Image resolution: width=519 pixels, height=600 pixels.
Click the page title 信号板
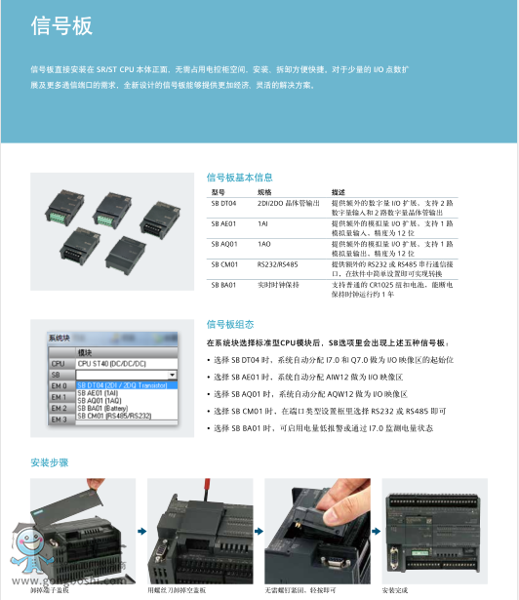tap(60, 26)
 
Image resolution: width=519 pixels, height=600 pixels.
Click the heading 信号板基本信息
tap(239, 178)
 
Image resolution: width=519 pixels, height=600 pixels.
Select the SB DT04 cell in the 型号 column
tap(223, 203)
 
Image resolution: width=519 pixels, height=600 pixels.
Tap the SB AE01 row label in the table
tap(223, 223)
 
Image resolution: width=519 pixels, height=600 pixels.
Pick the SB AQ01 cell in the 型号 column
tap(223, 244)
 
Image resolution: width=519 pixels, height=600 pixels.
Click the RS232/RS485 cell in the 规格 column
tap(278, 264)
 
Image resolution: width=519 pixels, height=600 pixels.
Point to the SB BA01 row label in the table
tap(223, 285)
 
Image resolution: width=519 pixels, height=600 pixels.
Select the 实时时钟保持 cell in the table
tap(280, 285)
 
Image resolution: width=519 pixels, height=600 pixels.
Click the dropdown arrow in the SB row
tap(172, 375)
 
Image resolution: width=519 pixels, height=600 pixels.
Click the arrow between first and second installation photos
tap(140, 533)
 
